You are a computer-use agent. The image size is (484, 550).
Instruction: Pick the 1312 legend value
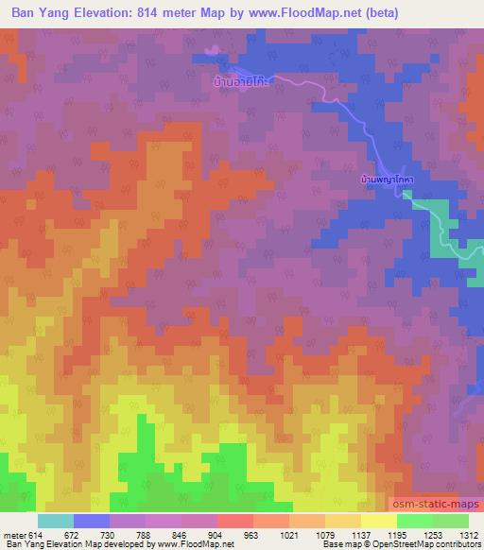pos(469,536)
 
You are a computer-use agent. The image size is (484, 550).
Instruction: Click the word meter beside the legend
pos(13,536)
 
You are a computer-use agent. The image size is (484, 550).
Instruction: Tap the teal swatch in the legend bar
pos(56,521)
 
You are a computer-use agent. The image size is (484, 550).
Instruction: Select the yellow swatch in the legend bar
pos(379,521)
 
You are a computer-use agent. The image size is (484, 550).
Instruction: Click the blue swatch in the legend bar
pos(92,521)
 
